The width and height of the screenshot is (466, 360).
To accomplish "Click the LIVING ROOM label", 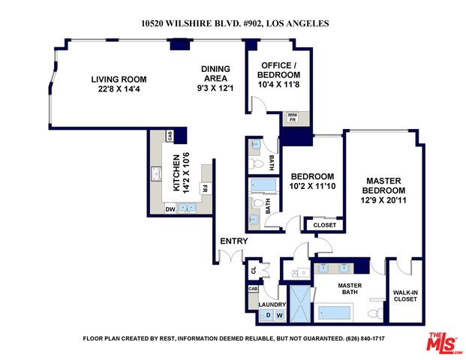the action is [x=119, y=79].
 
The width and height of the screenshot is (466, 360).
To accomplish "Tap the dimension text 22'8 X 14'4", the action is [x=119, y=88].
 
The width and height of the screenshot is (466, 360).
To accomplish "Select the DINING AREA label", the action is [x=216, y=73].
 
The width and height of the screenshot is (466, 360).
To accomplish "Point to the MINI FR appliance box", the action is [x=293, y=117].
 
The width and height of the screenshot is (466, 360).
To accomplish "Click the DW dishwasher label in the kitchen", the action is [x=170, y=209].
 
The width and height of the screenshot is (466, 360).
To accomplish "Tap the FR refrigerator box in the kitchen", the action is [x=204, y=188].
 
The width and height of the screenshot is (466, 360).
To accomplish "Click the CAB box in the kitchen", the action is [x=170, y=136].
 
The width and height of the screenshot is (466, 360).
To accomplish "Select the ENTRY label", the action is [x=234, y=241].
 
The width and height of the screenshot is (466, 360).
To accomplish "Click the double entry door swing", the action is [x=231, y=256].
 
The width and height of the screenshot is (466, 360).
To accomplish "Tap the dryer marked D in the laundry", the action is [x=268, y=315].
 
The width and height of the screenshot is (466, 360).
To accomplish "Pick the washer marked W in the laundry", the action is [x=280, y=315].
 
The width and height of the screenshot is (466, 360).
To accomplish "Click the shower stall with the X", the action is [x=300, y=304].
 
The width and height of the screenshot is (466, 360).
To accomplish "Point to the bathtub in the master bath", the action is [x=334, y=313].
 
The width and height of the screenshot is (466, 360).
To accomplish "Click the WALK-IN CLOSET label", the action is [x=405, y=295].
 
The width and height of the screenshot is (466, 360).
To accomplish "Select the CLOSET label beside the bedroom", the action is [x=324, y=225].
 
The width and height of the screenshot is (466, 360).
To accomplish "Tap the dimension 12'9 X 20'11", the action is [x=383, y=200].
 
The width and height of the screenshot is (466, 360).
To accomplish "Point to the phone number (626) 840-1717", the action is [x=365, y=338].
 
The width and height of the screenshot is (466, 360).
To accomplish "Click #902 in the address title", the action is [x=252, y=23].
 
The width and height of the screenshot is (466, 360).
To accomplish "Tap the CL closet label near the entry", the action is [x=254, y=270].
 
